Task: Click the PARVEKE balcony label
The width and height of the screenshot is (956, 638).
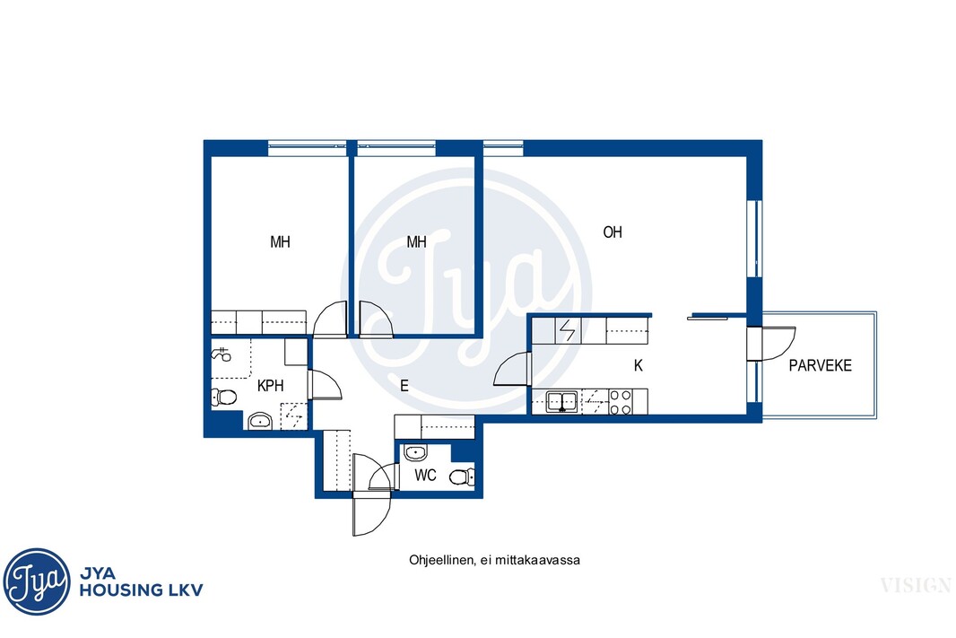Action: [820, 365]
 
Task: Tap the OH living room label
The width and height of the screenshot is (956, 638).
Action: [613, 232]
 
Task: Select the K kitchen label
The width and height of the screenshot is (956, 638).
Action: [639, 365]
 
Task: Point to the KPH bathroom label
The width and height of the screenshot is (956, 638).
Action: [270, 386]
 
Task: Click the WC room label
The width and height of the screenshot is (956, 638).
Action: [425, 476]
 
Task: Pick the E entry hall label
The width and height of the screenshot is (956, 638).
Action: [404, 386]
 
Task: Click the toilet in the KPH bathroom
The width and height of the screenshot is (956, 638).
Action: [224, 398]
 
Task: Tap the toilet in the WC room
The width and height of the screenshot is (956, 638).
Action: [462, 476]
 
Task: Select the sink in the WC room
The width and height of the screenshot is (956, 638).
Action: [415, 453]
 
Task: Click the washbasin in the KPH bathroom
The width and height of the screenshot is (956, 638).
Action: [261, 421]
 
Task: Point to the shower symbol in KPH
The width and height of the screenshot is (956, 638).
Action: [221, 354]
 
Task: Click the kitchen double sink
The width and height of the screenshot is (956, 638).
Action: [561, 402]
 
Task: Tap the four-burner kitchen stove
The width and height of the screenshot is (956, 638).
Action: [620, 402]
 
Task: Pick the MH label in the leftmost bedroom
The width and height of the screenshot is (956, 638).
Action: [280, 242]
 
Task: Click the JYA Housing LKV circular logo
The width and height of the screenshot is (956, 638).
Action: [37, 581]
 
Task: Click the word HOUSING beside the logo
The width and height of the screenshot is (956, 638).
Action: [120, 590]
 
